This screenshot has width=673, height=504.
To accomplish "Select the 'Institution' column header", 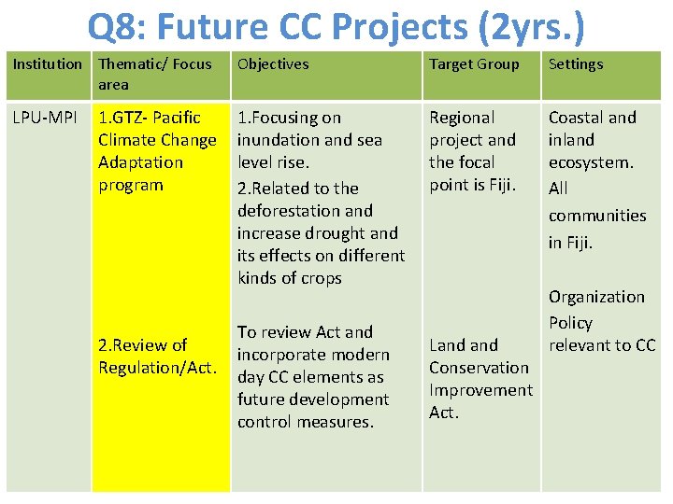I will [x=47, y=64].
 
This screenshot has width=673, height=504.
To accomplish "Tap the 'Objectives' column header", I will [x=273, y=64].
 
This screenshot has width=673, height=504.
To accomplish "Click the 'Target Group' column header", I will [x=474, y=64].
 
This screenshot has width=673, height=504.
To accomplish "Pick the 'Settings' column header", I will [x=576, y=64].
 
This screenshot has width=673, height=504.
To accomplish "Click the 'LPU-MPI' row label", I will [x=45, y=118].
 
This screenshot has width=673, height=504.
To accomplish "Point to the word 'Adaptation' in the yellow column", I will [x=141, y=162].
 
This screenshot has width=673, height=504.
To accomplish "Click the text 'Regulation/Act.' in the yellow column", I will [x=158, y=368].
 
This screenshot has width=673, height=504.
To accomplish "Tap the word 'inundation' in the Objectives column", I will [x=277, y=140].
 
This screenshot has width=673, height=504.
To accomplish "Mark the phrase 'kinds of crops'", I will [x=290, y=278].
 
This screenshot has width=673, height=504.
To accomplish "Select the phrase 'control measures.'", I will [x=305, y=422].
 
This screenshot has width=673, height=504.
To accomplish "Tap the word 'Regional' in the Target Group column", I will [x=462, y=118].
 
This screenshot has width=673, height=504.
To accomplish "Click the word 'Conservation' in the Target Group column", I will [x=480, y=368].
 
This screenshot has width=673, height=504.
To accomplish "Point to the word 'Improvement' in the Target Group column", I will [x=480, y=390].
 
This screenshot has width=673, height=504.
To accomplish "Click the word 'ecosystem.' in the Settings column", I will [x=591, y=162].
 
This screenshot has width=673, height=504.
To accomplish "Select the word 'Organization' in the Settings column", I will [x=596, y=297].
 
